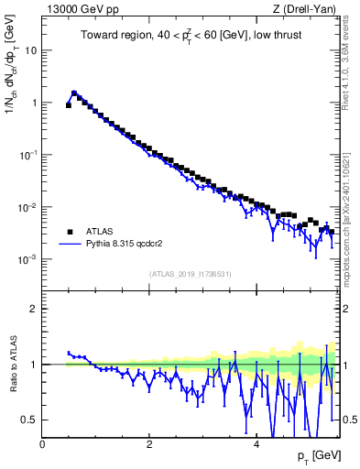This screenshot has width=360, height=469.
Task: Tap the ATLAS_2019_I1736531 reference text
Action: coord(189,274)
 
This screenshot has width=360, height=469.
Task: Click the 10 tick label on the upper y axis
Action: coord(31,50)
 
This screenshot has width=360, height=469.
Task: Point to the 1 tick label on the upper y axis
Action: coord(34,103)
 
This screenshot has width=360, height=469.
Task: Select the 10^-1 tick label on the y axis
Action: coord(28,155)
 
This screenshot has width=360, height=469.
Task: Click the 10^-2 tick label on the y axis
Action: coord(28,207)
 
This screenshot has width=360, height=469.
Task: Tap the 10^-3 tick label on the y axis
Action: coord(28,259)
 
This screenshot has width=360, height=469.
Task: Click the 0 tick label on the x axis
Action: coord(42,443)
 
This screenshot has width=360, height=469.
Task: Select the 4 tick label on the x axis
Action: coord(256,443)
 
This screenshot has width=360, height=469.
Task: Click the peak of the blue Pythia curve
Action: coord(74,92)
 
